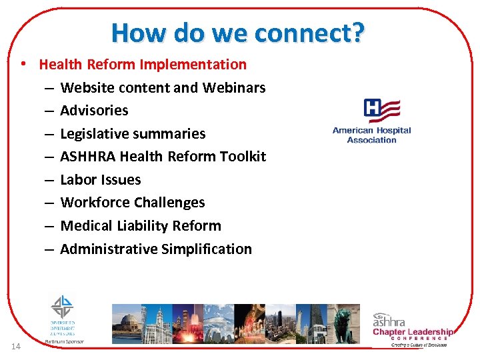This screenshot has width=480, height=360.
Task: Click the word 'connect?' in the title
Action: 315,32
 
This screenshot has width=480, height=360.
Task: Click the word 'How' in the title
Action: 137,32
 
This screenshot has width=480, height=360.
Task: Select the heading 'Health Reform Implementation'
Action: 143,65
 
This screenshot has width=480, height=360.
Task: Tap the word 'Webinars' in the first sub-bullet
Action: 234,87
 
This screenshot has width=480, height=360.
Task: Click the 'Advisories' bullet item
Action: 94,111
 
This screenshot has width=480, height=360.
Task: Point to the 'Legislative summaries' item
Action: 133,133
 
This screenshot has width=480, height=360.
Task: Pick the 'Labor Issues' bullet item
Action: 101,180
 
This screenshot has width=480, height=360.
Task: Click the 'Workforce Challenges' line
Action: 133,203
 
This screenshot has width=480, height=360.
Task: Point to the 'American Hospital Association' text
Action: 371,135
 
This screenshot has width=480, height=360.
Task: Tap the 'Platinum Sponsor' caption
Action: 65,341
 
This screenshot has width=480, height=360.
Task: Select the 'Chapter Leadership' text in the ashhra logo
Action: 413,332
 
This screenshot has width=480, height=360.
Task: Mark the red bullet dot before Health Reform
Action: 23,65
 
